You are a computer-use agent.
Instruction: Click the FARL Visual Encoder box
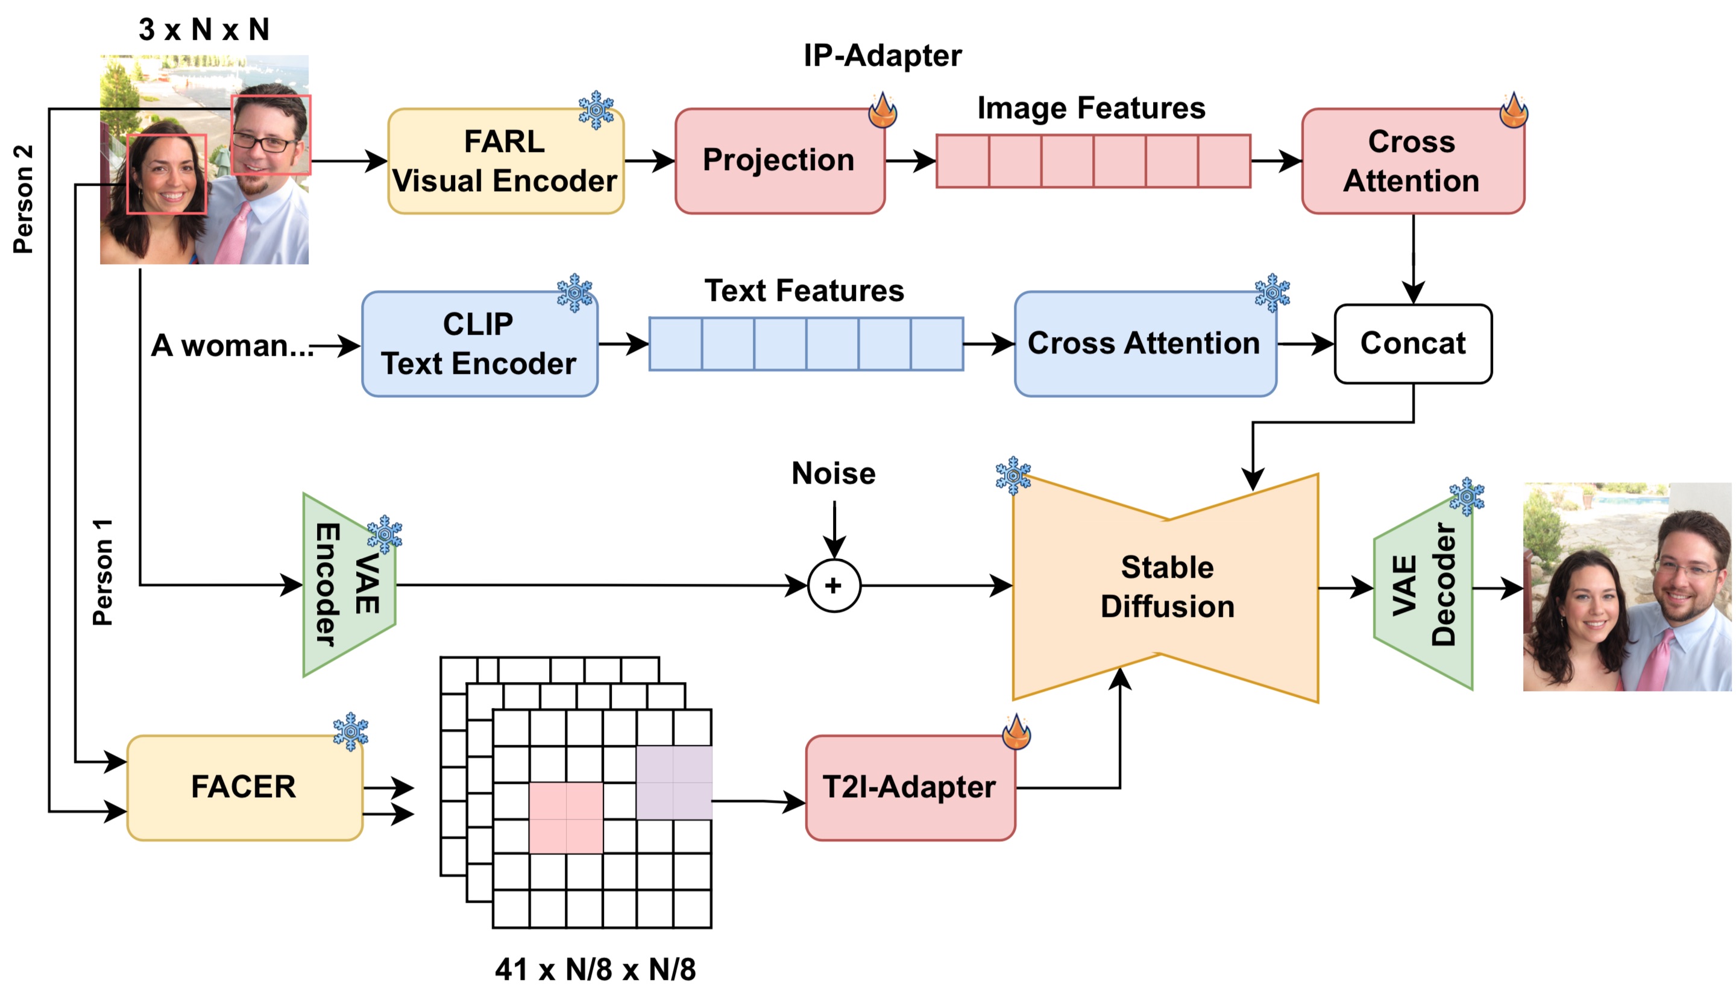click(505, 161)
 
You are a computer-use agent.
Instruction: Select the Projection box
click(779, 161)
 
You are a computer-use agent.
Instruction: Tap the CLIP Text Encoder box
click(479, 344)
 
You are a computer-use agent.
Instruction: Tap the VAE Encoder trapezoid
click(348, 585)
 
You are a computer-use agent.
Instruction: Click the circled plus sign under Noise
click(833, 585)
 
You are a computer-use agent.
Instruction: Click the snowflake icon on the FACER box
click(350, 731)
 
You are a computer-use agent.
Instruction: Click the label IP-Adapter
click(882, 55)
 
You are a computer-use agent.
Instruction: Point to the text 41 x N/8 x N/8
click(594, 970)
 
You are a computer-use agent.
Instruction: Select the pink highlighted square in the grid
click(565, 818)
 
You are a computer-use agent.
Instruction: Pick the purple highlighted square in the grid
click(673, 782)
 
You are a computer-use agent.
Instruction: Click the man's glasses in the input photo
click(264, 143)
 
